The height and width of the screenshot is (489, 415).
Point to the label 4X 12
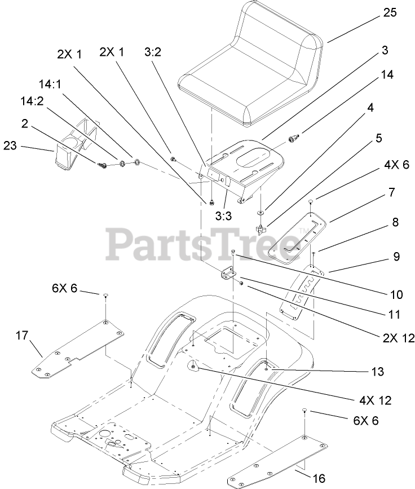click(x=375, y=400)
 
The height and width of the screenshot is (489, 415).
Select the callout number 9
click(x=381, y=257)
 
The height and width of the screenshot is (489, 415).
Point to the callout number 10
click(x=381, y=294)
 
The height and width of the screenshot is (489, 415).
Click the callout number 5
click(x=379, y=138)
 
